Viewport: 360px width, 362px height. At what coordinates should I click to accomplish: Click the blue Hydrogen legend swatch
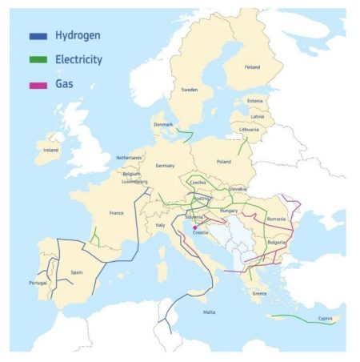pos(38,35)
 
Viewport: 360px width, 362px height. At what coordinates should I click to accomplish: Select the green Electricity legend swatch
pos(38,58)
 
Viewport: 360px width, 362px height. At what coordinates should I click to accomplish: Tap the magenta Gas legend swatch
pos(38,82)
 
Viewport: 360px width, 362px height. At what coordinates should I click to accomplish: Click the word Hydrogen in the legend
pos(77,35)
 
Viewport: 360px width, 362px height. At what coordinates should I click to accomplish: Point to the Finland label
pos(252,67)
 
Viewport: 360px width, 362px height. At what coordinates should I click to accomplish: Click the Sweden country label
pos(190,90)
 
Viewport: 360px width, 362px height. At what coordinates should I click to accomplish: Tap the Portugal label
pos(38,283)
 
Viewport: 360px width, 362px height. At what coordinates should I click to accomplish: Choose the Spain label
pos(77,272)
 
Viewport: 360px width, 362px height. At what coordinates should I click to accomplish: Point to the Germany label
pos(165,165)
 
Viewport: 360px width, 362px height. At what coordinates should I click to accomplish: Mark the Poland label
pos(223,161)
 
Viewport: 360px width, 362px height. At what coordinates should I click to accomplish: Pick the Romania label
pos(277,219)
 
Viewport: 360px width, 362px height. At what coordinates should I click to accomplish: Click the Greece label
pos(259,293)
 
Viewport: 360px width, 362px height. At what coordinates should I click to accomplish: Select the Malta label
pos(210,312)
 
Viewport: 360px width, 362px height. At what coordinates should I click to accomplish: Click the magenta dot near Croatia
pos(194,227)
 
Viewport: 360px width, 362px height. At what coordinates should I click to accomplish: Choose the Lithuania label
pos(250,128)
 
